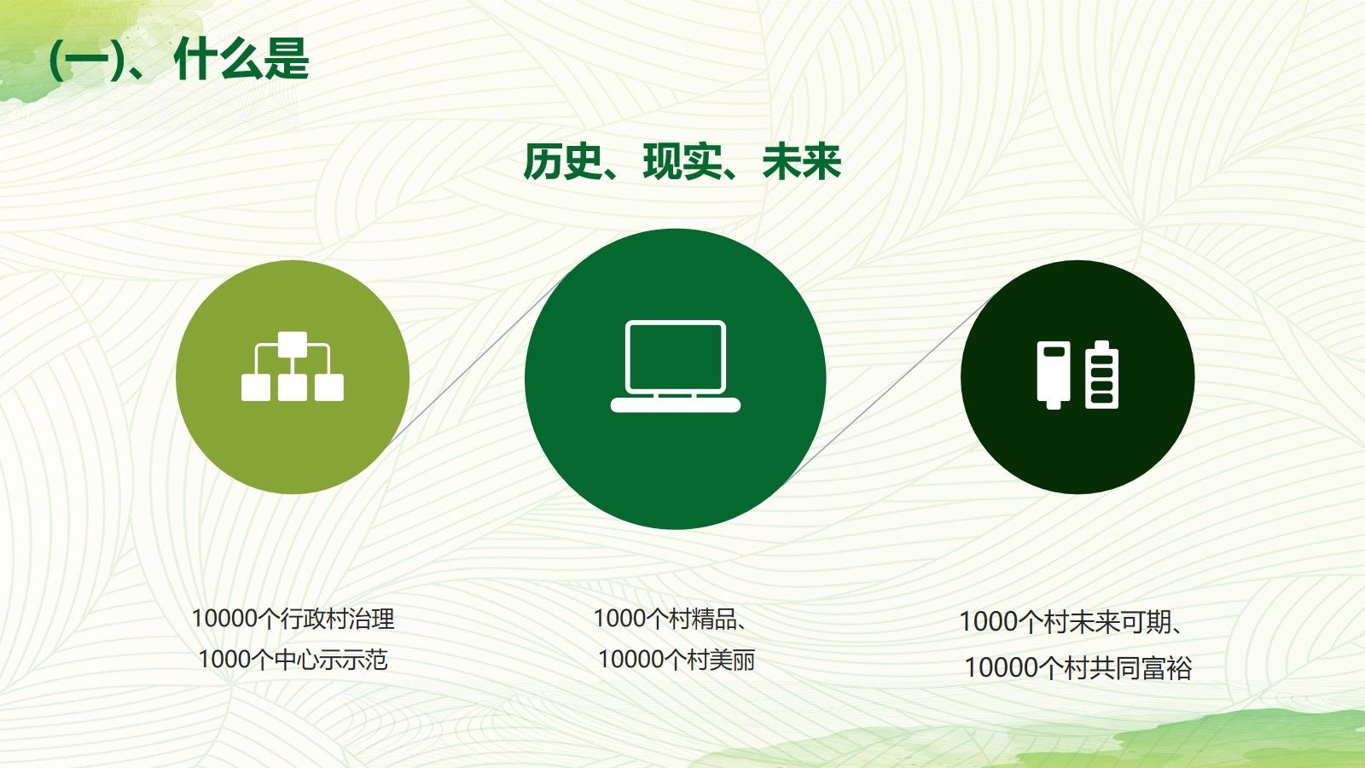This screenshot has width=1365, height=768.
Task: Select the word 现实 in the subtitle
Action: pyautogui.click(x=682, y=162)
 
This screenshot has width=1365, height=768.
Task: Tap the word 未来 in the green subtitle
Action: pyautogui.click(x=801, y=162)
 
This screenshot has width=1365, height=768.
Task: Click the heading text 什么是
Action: pyautogui.click(x=241, y=59)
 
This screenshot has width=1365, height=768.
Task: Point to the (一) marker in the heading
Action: pyautogui.click(x=86, y=60)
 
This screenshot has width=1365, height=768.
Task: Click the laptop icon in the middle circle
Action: pyautogui.click(x=676, y=366)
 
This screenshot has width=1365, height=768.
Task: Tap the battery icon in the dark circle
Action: pyautogui.click(x=1101, y=375)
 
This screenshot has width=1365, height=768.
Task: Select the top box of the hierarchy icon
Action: pyautogui.click(x=293, y=345)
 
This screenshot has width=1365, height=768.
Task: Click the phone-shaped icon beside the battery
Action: pyautogui.click(x=1054, y=375)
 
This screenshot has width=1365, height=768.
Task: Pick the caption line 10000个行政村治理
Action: pyautogui.click(x=293, y=619)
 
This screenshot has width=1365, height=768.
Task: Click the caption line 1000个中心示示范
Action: pyautogui.click(x=293, y=660)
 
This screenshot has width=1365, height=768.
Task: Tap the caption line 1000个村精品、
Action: pyautogui.click(x=671, y=619)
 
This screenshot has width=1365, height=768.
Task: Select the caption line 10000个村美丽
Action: pyautogui.click(x=677, y=660)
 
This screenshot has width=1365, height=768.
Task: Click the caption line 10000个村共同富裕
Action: pyautogui.click(x=1077, y=668)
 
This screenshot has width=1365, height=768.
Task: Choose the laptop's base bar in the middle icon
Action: pyautogui.click(x=676, y=404)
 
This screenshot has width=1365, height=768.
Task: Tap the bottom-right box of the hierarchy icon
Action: pyautogui.click(x=329, y=387)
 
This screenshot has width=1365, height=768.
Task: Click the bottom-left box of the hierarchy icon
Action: pyautogui.click(x=256, y=387)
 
